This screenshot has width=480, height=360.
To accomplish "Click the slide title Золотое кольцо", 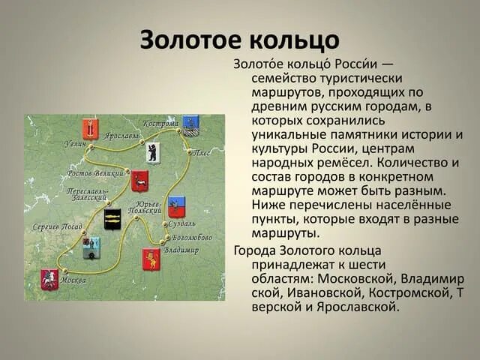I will pyautogui.click(x=239, y=39).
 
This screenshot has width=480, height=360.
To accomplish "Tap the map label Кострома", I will pyautogui.click(x=160, y=122).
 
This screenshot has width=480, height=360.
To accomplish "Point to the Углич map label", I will pyautogui.click(x=75, y=142).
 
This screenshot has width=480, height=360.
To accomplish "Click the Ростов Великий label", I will pyautogui.click(x=95, y=173).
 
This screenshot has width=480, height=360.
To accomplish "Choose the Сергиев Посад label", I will pyautogui.click(x=58, y=226).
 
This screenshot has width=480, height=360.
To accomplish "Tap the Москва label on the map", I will pyautogui.click(x=73, y=280).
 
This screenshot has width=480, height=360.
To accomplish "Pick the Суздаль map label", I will pyautogui.click(x=182, y=223).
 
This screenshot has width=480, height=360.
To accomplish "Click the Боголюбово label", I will pyautogui.click(x=191, y=237).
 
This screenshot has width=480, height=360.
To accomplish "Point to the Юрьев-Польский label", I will pyautogui.click(x=144, y=207).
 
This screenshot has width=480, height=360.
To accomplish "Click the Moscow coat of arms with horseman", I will pyautogui.click(x=49, y=279).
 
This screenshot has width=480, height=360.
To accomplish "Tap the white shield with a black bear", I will pyautogui.click(x=153, y=152).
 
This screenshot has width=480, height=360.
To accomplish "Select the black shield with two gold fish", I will pyautogui.click(x=112, y=219).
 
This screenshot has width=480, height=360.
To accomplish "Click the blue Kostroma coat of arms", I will pyautogui.click(x=190, y=124).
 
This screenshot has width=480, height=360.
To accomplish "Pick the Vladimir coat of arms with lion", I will pyautogui.click(x=151, y=259).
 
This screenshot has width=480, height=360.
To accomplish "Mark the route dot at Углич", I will pyautogui.click(x=91, y=147).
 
